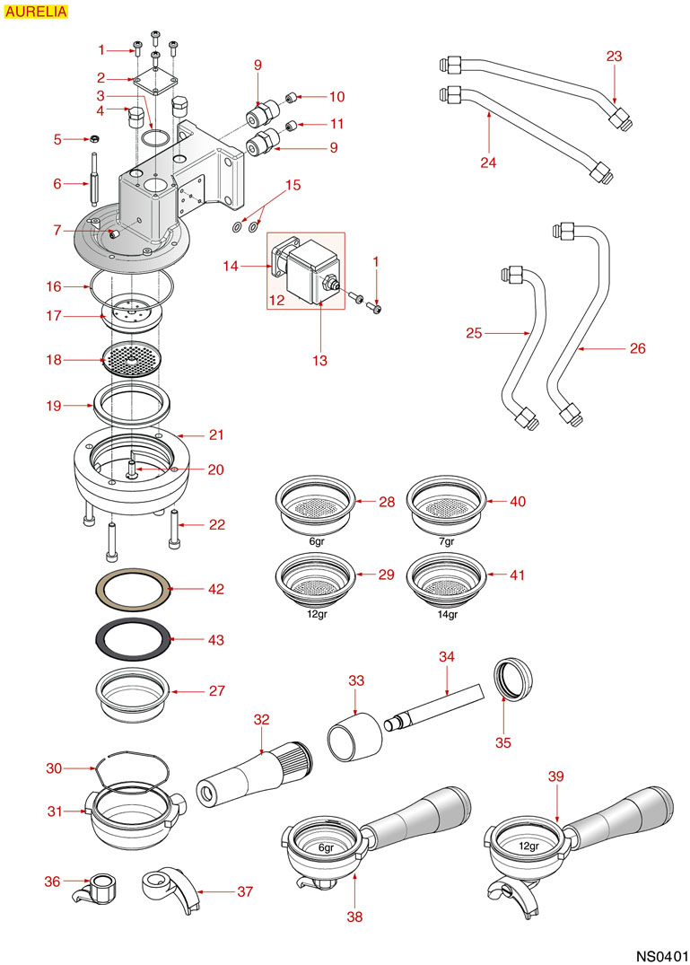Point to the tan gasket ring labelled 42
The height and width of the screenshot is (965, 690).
133,590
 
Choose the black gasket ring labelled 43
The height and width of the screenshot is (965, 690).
133,639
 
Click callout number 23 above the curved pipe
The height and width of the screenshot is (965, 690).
614,56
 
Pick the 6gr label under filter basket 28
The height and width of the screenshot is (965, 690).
317,542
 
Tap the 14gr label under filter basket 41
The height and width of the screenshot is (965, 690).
447,615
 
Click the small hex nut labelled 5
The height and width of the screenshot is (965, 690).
92,139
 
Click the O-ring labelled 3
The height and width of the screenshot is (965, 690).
154,138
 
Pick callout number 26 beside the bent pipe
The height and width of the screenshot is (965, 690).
638,347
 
